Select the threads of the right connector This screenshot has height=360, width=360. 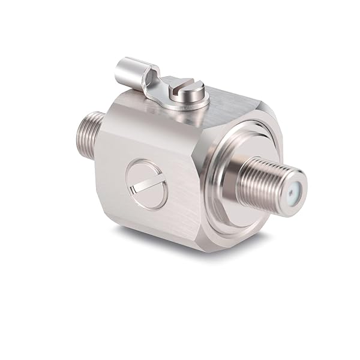258,183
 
